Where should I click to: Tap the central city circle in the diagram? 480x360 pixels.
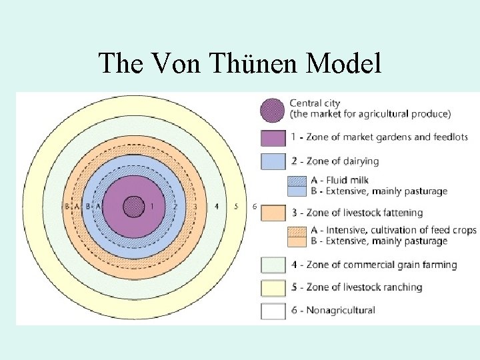click(134, 207)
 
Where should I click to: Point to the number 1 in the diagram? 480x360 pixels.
click(153, 207)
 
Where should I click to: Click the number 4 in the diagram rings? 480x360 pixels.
click(217, 207)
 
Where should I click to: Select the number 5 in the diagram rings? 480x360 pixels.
click(236, 207)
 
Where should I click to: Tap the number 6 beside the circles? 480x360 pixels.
click(255, 207)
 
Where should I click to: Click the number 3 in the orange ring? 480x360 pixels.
click(195, 207)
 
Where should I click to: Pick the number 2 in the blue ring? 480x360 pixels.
click(175, 207)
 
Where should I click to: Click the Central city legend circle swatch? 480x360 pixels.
click(273, 110)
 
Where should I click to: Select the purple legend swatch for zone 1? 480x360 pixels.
click(273, 137)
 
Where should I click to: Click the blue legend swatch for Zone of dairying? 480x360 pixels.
click(273, 161)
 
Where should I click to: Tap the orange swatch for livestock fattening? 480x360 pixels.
click(273, 213)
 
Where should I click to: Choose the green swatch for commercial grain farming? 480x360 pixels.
click(273, 265)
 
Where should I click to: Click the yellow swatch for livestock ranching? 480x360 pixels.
click(273, 287)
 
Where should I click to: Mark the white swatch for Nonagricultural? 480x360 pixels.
click(273, 311)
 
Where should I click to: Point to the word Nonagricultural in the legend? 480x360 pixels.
click(341, 310)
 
